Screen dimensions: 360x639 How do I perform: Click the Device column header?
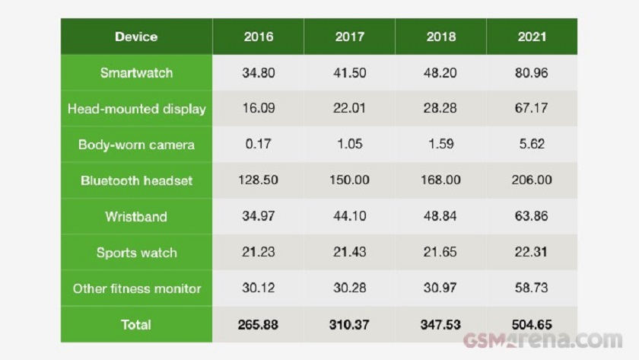click(x=136, y=37)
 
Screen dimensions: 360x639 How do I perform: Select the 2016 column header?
click(x=258, y=37)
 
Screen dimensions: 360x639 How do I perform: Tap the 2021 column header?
click(x=532, y=37)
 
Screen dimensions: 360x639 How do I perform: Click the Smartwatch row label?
click(x=136, y=73)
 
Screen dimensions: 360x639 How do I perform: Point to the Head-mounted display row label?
click(x=136, y=109)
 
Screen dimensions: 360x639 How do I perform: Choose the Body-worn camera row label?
click(x=136, y=145)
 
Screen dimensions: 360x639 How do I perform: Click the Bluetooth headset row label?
click(x=136, y=180)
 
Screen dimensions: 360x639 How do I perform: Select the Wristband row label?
click(x=136, y=216)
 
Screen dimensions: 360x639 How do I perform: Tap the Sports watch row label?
click(x=136, y=253)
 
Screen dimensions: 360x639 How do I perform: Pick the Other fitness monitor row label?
click(x=136, y=288)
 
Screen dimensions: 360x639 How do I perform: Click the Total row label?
click(x=136, y=324)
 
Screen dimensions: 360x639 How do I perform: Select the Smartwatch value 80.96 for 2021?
click(x=532, y=74)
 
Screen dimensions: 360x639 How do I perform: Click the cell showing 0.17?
click(x=258, y=145)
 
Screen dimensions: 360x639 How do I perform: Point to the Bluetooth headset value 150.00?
click(x=349, y=180)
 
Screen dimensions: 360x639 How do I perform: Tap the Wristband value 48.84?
click(x=440, y=216)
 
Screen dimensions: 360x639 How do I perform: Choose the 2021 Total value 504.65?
click(x=532, y=324)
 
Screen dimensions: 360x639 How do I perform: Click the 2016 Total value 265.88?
click(x=258, y=324)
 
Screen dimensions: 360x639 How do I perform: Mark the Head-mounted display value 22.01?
click(x=349, y=109)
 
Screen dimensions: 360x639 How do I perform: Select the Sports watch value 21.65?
click(x=440, y=253)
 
